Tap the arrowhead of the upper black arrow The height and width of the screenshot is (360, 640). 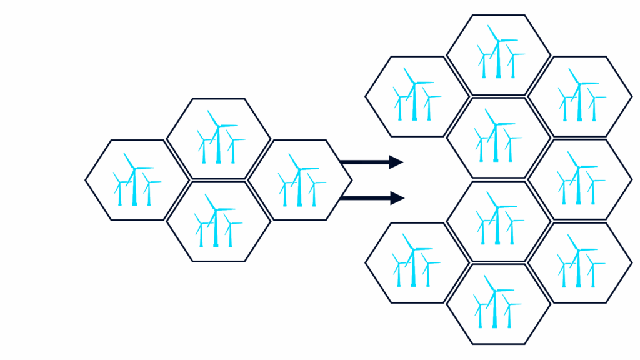[x=396, y=162]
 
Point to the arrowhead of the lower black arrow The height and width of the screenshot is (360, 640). [x=397, y=199]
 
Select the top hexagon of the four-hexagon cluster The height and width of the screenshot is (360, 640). [x=218, y=139]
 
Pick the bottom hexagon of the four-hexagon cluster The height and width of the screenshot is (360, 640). [x=218, y=221]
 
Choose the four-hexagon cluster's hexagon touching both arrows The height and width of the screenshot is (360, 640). [x=299, y=180]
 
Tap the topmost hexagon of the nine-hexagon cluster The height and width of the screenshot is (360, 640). [x=498, y=55]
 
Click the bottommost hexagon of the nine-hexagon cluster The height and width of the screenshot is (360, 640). [x=498, y=304]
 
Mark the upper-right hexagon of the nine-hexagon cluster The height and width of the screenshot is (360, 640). [x=579, y=96]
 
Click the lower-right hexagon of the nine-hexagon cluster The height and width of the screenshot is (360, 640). [x=579, y=262]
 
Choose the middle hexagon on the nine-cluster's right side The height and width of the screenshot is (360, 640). [x=579, y=179]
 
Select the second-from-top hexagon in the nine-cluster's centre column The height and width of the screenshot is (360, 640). [x=498, y=137]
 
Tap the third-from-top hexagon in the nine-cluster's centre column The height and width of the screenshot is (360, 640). [x=498, y=221]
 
